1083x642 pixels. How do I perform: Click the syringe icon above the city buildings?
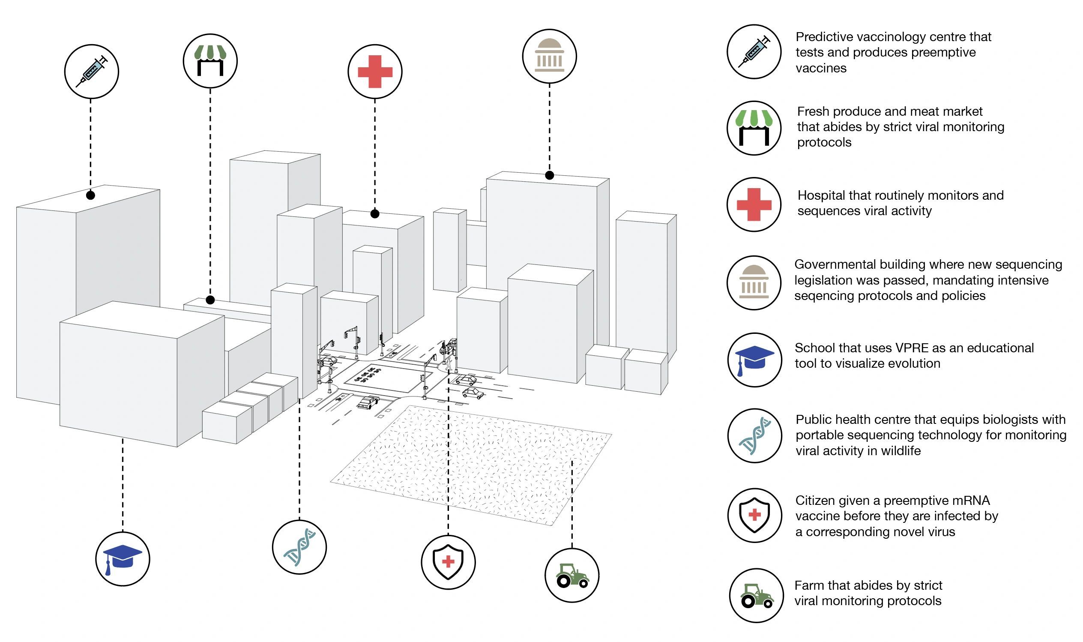click(x=92, y=72)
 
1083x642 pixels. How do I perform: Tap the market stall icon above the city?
click(x=210, y=61)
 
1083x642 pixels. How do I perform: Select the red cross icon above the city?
click(x=375, y=72)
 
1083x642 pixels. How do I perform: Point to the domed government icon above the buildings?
click(x=550, y=56)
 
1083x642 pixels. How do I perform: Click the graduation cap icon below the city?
click(x=123, y=559)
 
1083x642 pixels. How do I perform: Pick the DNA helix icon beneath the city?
click(x=299, y=547)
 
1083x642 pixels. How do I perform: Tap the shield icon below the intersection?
click(x=449, y=562)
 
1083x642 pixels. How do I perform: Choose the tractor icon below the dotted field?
click(x=572, y=576)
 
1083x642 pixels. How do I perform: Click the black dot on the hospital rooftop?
click(x=375, y=214)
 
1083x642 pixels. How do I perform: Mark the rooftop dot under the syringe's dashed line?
click(x=90, y=195)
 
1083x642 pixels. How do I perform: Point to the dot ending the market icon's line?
click(x=210, y=300)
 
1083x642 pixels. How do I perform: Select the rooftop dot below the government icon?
click(x=550, y=175)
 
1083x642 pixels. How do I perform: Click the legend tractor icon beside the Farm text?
click(x=756, y=595)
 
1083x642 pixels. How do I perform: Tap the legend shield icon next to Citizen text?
click(x=754, y=515)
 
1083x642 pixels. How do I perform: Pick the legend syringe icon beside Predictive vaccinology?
click(x=754, y=51)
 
